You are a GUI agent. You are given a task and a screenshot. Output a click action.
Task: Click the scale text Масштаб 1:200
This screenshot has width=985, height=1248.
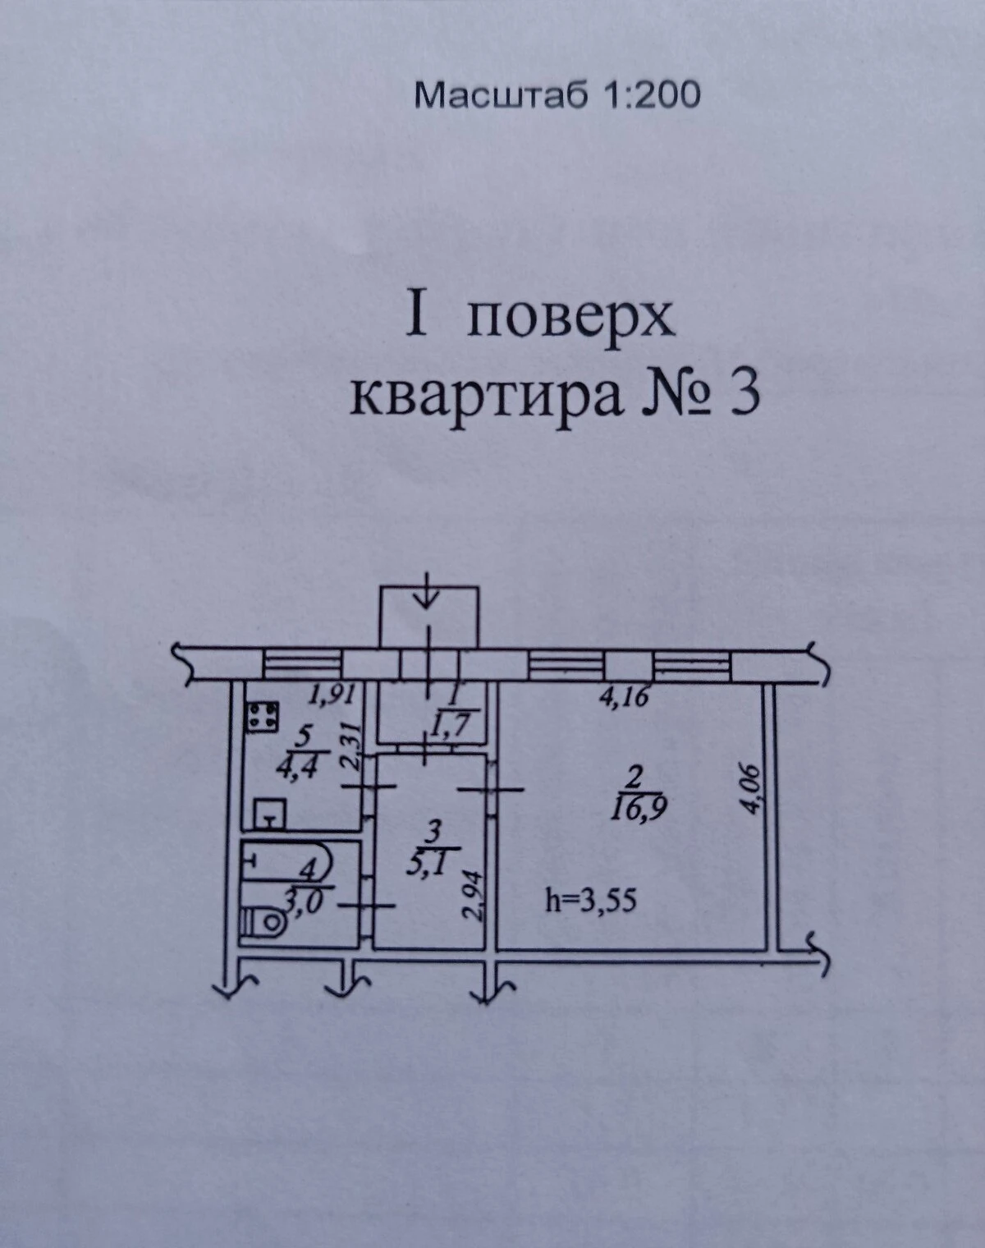coord(557,96)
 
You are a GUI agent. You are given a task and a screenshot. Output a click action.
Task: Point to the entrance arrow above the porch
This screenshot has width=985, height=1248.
coord(428,590)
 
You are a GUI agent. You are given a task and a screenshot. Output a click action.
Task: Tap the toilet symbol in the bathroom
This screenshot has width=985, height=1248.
coord(263,920)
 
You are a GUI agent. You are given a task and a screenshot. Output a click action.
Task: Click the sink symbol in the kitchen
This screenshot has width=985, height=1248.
coord(270,814)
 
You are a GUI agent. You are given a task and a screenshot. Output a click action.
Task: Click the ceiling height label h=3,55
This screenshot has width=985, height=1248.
coord(591,901)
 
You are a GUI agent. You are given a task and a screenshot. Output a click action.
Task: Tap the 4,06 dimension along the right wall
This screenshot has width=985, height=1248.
coord(750,790)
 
